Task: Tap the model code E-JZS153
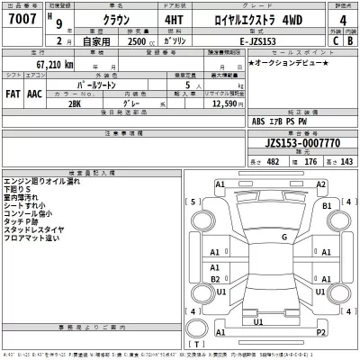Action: [247, 41]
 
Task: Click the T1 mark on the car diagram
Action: [258, 321]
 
